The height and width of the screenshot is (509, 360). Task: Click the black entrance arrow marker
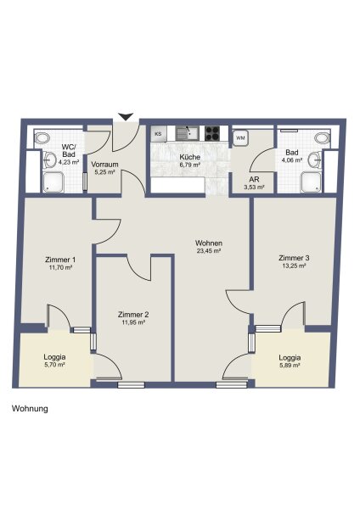coord(126,116)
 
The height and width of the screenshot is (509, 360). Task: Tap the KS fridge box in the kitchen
coord(159,134)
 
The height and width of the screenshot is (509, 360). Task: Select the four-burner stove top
coord(212,133)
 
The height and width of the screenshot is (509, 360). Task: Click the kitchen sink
coord(186,133)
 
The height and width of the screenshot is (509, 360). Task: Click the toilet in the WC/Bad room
coord(42,138)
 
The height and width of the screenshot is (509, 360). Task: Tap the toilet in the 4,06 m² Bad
coord(322,137)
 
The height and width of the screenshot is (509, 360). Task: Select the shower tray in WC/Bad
coord(53,182)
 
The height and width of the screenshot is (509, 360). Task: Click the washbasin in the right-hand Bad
coord(314,160)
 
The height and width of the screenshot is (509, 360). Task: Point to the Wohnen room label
coord(209,243)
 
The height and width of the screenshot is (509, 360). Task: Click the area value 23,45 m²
coord(209,251)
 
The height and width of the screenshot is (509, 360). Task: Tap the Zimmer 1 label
coord(60,260)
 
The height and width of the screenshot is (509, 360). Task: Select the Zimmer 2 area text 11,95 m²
coord(133,322)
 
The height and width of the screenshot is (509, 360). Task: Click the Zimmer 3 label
coord(294,258)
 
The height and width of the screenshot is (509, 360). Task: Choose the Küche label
coord(189,157)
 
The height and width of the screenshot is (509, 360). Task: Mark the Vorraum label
coord(104,165)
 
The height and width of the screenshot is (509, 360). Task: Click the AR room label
coord(254,180)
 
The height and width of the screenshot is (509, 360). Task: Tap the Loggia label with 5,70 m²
coord(54,357)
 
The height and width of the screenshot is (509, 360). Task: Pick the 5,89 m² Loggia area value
coord(290,366)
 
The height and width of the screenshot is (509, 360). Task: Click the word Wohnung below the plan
coord(30,408)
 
